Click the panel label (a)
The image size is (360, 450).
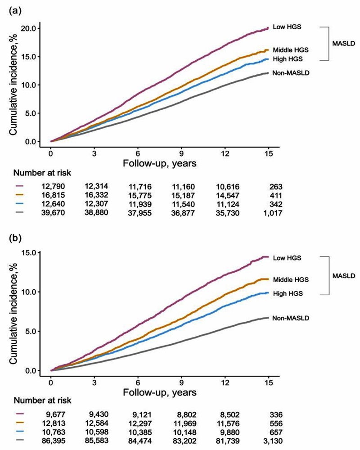point(14,9)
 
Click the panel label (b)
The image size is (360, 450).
point(14,235)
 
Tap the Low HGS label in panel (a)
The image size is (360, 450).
point(287,27)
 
